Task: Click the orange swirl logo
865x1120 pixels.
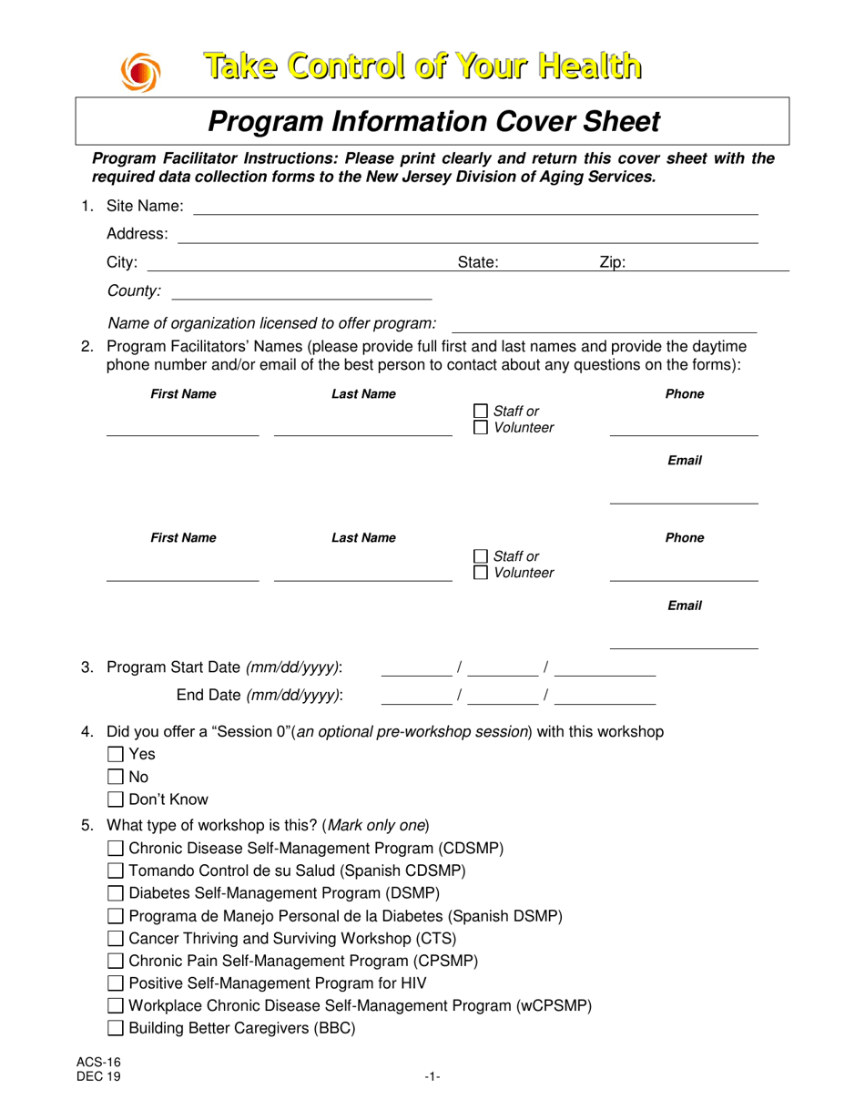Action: coord(139,73)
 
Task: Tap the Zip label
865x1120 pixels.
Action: coord(612,263)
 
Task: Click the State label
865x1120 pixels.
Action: coord(477,263)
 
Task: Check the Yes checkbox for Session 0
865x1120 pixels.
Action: coord(116,754)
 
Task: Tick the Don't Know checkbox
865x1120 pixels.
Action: coord(116,800)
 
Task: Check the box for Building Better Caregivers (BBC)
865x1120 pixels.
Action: coord(116,1029)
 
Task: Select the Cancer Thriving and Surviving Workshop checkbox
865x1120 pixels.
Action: coord(116,938)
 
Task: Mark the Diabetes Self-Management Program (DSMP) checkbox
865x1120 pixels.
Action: coord(116,892)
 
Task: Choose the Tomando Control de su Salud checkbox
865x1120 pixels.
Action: coord(116,871)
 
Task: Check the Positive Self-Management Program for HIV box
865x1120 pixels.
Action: coord(116,983)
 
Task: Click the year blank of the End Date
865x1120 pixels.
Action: coord(605,697)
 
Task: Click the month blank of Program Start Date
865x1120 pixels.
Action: coord(416,669)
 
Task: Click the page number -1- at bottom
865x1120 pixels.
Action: coord(432,1078)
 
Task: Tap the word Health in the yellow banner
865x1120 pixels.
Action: coord(587,66)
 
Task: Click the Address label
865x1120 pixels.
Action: coord(137,234)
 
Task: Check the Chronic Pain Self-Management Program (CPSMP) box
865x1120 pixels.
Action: coord(116,961)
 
